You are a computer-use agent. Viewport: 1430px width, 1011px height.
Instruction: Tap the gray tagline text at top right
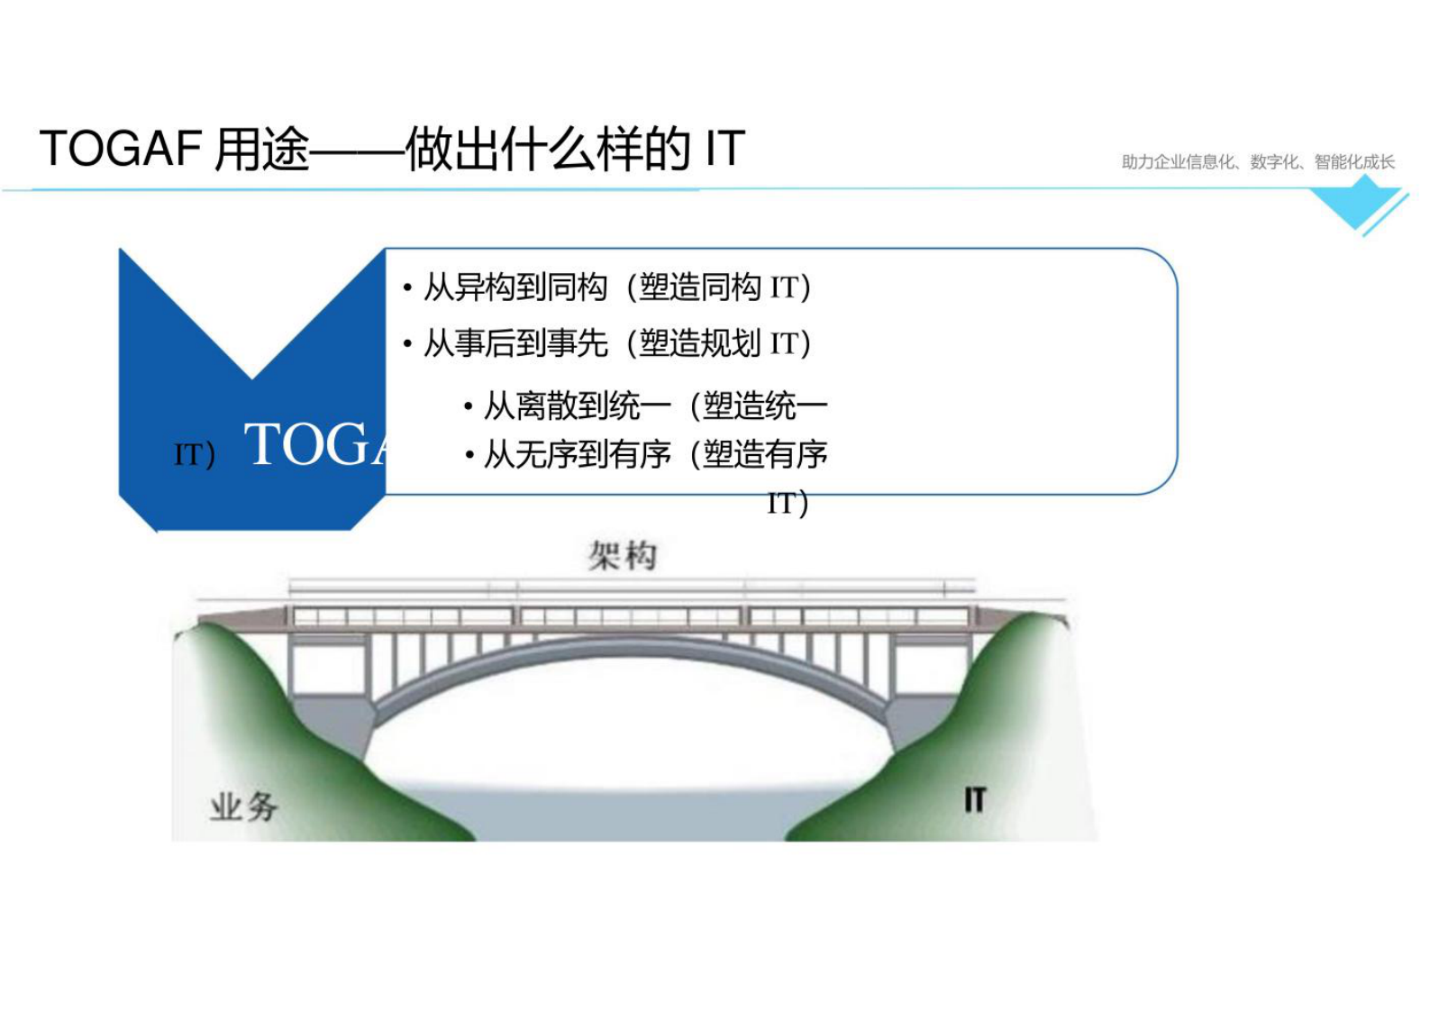(x=1257, y=162)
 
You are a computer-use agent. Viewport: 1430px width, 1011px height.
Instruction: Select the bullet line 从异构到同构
(x=515, y=287)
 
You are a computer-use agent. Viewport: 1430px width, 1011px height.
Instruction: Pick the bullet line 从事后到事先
(x=515, y=343)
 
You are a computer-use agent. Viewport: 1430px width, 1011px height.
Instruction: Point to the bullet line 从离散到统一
(x=577, y=406)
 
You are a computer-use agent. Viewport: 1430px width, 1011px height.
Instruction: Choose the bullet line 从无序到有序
(x=577, y=454)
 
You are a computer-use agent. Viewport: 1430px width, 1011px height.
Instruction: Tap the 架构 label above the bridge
(x=623, y=556)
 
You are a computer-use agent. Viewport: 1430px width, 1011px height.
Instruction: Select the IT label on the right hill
(x=975, y=800)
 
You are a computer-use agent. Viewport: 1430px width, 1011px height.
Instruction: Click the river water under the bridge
(x=631, y=815)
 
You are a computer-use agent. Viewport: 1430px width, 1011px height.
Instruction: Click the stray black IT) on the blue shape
(x=195, y=455)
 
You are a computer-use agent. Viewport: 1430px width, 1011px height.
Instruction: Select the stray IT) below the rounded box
(x=788, y=503)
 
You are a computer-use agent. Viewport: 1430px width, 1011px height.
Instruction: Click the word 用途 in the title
(x=262, y=149)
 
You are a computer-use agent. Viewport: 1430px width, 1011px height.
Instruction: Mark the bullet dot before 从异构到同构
(x=407, y=288)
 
